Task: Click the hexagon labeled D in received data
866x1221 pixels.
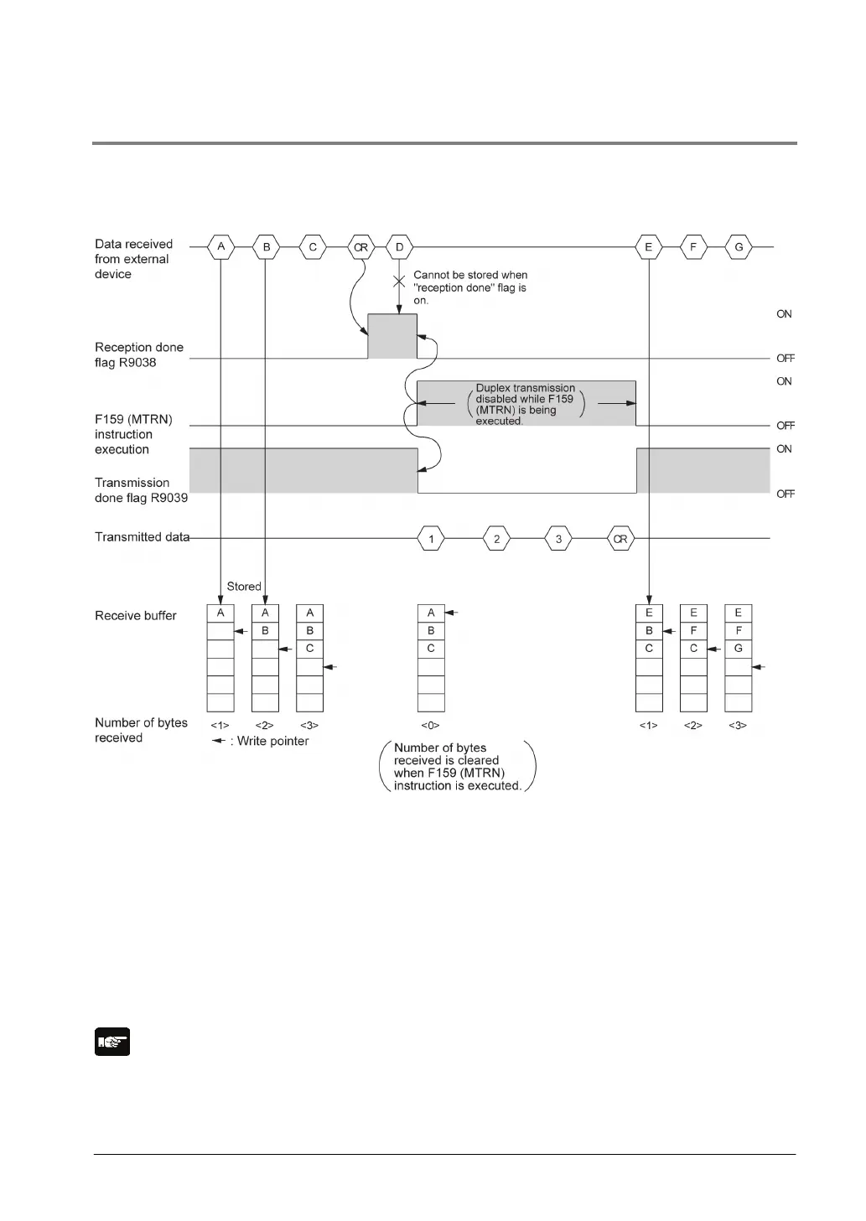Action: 399,247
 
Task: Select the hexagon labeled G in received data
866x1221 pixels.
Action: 739,247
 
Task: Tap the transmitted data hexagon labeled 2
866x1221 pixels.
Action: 496,539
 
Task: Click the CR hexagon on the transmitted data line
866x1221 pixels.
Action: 620,539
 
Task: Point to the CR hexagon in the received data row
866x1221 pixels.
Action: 360,247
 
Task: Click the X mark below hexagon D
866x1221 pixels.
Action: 400,281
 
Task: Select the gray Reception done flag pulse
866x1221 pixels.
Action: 392,336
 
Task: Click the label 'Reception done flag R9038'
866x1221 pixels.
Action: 138,354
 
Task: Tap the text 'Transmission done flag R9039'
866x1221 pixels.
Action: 141,490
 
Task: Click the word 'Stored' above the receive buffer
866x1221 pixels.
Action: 244,587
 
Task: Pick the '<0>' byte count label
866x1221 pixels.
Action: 430,725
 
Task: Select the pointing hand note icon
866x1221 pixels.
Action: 112,1042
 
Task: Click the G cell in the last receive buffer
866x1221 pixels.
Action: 738,648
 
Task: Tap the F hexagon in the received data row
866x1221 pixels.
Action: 693,247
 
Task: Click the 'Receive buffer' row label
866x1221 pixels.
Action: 136,616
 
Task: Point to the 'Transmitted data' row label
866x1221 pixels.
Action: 142,537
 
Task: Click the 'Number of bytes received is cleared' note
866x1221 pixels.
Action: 457,766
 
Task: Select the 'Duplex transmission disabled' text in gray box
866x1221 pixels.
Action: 525,404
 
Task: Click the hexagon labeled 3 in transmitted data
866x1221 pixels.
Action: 558,539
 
